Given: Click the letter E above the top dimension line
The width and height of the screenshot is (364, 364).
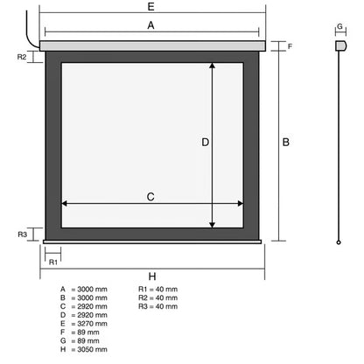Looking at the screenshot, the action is point(150,6).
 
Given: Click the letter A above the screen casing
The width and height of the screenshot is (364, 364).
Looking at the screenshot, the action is point(150,25).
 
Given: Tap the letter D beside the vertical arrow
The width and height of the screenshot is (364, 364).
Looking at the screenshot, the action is point(206,143).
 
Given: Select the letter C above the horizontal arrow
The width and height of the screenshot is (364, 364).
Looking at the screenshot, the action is point(150,197).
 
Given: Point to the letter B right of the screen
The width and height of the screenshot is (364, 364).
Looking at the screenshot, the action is point(286,143).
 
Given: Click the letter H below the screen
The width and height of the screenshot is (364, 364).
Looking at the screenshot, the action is point(152,276).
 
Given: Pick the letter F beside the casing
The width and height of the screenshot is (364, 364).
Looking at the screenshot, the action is point(290,46).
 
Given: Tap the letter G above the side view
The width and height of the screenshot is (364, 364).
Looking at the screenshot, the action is point(339,26).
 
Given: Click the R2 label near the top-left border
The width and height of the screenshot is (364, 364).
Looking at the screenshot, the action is point(22,57).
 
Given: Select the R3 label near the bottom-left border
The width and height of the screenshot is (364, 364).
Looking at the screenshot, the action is point(23,234).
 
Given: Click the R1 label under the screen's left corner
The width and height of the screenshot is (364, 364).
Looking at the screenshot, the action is point(53,262).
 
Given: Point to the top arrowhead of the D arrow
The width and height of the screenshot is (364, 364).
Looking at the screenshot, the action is point(213,66).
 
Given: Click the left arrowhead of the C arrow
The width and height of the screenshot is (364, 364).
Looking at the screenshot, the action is point(64,203).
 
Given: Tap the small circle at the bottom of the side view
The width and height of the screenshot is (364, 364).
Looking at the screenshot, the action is point(339,242).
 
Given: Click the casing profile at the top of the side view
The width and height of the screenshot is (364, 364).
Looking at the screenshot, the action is point(340,45).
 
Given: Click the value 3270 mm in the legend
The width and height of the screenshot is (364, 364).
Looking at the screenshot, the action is point(92,324).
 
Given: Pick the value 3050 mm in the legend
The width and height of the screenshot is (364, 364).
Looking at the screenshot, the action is point(92,349).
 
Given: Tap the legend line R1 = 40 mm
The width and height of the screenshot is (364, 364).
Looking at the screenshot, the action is point(157,290).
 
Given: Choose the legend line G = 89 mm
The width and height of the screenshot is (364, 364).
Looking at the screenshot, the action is point(80,341).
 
